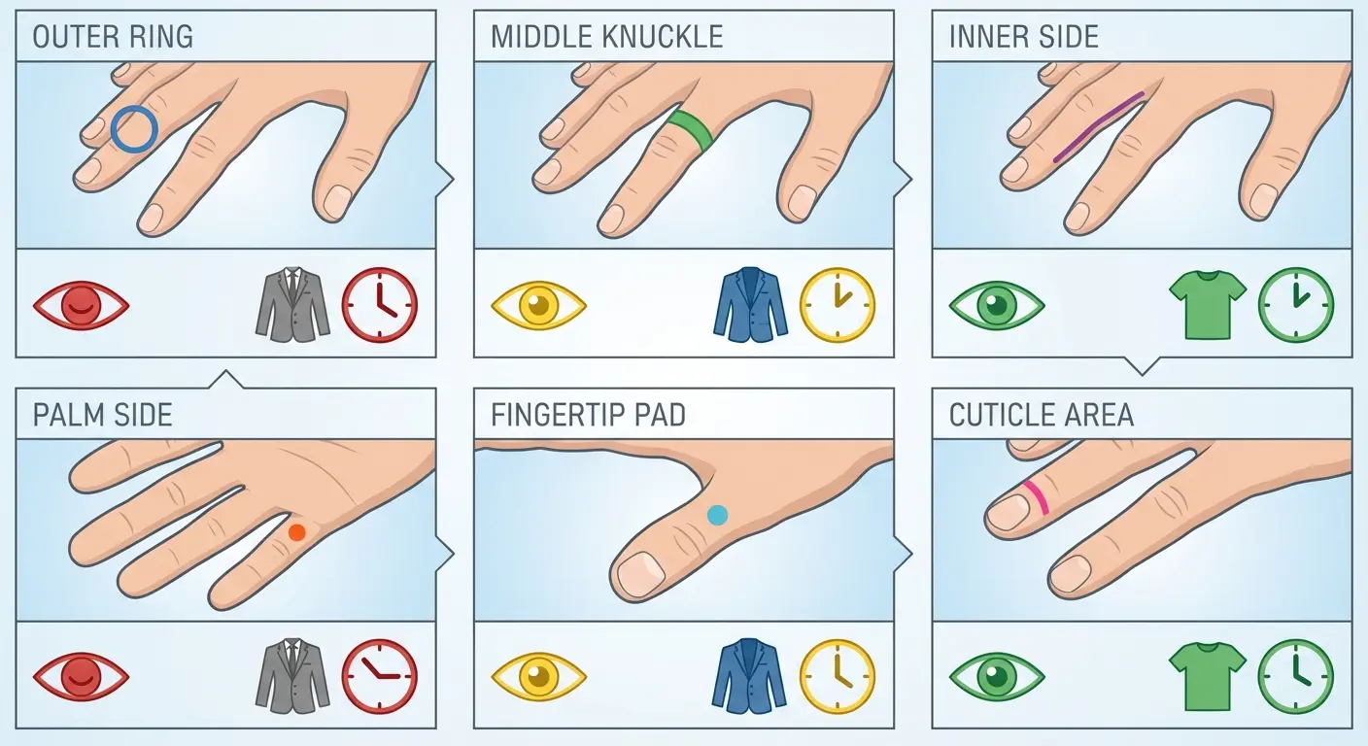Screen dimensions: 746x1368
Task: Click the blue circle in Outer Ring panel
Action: pyautogui.click(x=133, y=129)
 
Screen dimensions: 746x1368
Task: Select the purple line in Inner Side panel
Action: pyautogui.click(x=1099, y=126)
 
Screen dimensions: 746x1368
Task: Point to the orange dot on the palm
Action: pyautogui.click(x=296, y=531)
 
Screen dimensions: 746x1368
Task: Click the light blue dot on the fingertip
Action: pyautogui.click(x=717, y=515)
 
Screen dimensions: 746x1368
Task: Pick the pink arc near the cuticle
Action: pyautogui.click(x=1037, y=496)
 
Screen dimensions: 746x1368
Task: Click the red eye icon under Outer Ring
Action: pyautogui.click(x=81, y=306)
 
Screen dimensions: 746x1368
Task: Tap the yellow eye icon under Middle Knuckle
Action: pyautogui.click(x=538, y=306)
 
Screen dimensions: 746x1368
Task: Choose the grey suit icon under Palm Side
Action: pyautogui.click(x=292, y=675)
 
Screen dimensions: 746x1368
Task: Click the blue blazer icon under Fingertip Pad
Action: pyautogui.click(x=750, y=675)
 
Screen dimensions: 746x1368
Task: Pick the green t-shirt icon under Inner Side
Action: pyautogui.click(x=1207, y=304)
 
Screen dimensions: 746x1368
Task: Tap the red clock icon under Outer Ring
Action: pyautogui.click(x=380, y=305)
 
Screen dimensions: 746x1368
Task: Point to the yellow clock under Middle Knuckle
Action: pyautogui.click(x=838, y=305)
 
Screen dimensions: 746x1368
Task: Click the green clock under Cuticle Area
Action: pyautogui.click(x=1295, y=675)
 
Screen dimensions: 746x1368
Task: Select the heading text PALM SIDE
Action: pyautogui.click(x=102, y=416)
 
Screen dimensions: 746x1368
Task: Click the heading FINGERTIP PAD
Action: pyautogui.click(x=588, y=416)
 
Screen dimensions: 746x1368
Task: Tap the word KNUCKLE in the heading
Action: pyautogui.click(x=662, y=37)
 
